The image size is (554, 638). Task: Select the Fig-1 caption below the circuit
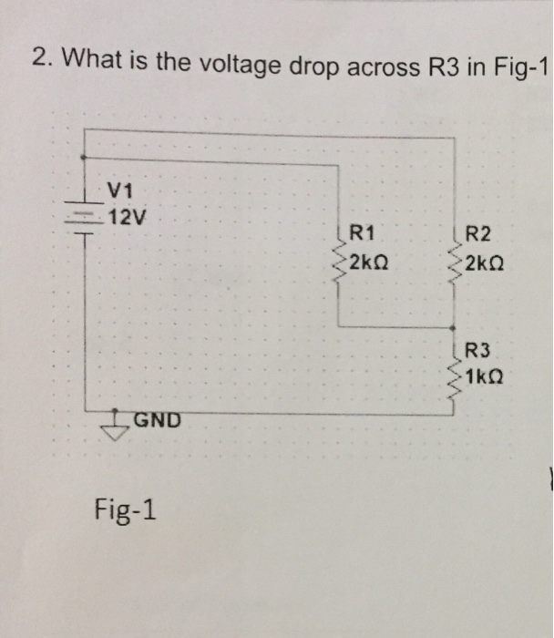pyautogui.click(x=125, y=509)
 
